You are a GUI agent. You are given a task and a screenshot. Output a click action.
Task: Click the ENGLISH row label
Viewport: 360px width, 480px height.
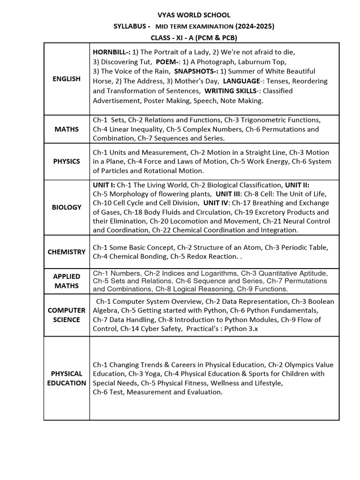(x=67, y=79)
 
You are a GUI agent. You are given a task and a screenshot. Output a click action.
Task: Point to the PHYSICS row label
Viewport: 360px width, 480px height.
(x=67, y=161)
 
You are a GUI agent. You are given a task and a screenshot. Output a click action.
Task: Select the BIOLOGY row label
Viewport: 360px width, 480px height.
(x=67, y=207)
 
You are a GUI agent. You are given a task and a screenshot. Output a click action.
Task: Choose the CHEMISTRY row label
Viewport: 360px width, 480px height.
(x=67, y=252)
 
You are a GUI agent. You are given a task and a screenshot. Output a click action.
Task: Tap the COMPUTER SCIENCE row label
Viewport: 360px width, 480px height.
(x=67, y=315)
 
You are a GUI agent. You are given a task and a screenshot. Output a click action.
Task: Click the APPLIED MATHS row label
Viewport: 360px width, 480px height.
(x=67, y=281)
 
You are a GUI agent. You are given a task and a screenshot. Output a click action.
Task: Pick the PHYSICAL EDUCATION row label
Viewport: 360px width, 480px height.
(x=67, y=378)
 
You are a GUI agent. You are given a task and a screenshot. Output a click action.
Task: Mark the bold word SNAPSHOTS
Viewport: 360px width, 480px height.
(x=195, y=71)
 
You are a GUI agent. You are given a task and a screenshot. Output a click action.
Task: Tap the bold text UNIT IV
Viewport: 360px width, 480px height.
(x=216, y=203)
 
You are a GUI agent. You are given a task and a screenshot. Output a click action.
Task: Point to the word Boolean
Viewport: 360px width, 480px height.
(x=321, y=301)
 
